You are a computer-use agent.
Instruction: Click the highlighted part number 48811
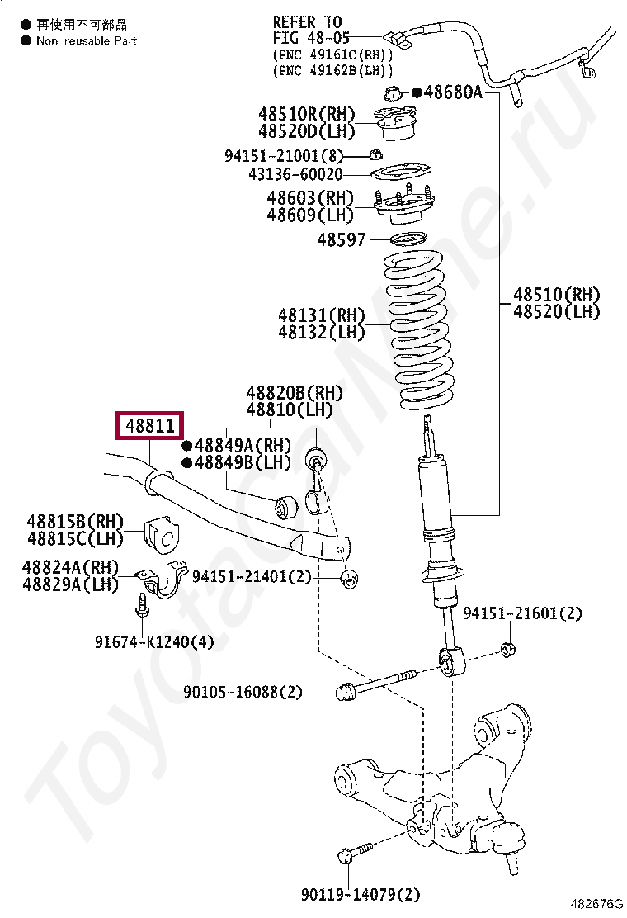pos(150,426)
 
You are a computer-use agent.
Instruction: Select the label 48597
pos(341,239)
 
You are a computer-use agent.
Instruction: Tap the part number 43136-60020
pos(295,175)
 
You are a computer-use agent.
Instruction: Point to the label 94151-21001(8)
pos(283,156)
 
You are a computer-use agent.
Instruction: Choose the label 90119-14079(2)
pos(361,894)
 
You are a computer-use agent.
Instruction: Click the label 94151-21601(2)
pos(522,613)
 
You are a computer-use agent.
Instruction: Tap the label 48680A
pos(452,92)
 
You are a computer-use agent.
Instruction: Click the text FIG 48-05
pos(311,38)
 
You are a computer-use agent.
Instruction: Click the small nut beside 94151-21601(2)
pos(509,648)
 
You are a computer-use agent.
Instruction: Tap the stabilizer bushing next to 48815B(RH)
pos(162,536)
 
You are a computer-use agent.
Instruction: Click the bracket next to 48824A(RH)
pos(162,580)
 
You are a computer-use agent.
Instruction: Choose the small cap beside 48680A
pos(394,92)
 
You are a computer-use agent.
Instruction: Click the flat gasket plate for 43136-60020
pos(400,174)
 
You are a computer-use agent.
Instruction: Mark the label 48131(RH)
pos(321,315)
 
